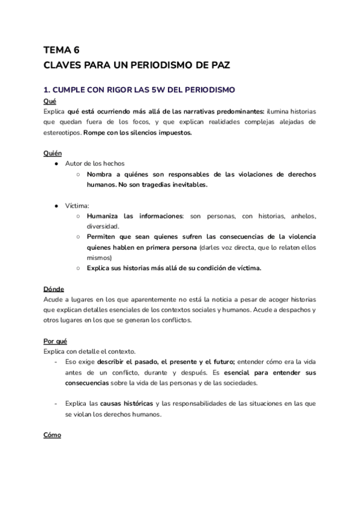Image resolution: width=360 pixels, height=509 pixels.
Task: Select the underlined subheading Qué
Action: (x=50, y=101)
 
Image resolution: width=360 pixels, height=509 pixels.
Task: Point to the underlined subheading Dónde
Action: (x=55, y=289)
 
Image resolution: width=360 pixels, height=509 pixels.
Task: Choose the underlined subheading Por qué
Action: (x=56, y=340)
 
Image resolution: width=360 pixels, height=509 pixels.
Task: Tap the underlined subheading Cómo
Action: (x=53, y=434)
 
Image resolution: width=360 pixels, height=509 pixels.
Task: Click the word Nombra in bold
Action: (x=101, y=174)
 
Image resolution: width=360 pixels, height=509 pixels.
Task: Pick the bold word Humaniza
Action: (x=103, y=215)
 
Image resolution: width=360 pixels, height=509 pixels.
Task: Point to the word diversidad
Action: (x=103, y=226)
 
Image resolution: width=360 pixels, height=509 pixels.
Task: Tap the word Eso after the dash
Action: (x=70, y=361)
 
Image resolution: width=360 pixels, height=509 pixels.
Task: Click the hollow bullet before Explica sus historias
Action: (x=79, y=268)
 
